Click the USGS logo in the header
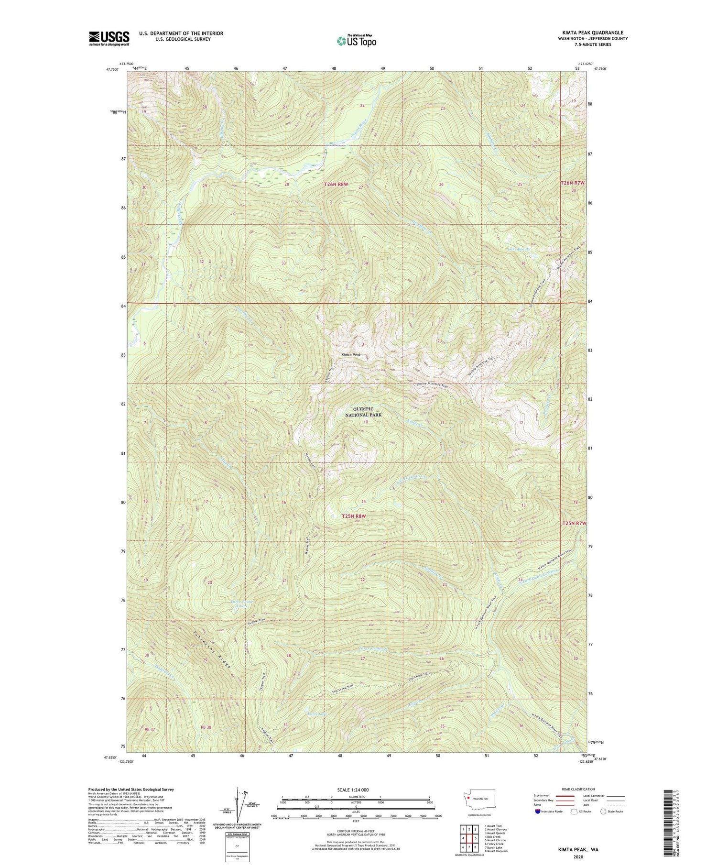click(109, 38)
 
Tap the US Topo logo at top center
click(356, 41)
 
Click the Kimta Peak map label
click(351, 355)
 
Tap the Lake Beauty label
click(520, 249)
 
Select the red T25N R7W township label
click(574, 523)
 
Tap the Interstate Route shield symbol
click(537, 812)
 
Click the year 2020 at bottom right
click(580, 857)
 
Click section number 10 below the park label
click(366, 422)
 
